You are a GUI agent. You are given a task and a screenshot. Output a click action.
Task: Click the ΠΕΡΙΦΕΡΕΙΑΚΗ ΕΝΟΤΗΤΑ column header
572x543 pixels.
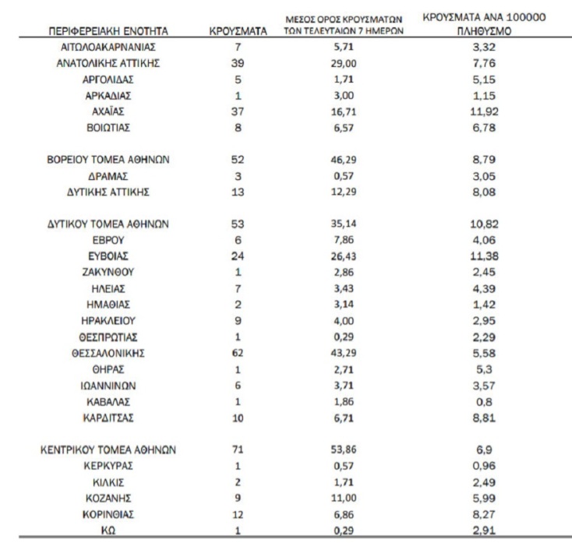pyautogui.click(x=108, y=32)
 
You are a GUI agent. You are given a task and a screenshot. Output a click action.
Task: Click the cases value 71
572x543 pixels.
pyautogui.click(x=238, y=450)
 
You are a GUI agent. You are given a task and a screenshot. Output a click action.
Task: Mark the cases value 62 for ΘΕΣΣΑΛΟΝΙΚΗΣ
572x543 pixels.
pyautogui.click(x=238, y=353)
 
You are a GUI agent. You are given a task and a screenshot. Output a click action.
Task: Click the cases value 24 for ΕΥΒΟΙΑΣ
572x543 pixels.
pyautogui.click(x=238, y=256)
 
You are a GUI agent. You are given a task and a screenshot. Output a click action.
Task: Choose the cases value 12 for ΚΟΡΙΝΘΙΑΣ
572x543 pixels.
pyautogui.click(x=238, y=514)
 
